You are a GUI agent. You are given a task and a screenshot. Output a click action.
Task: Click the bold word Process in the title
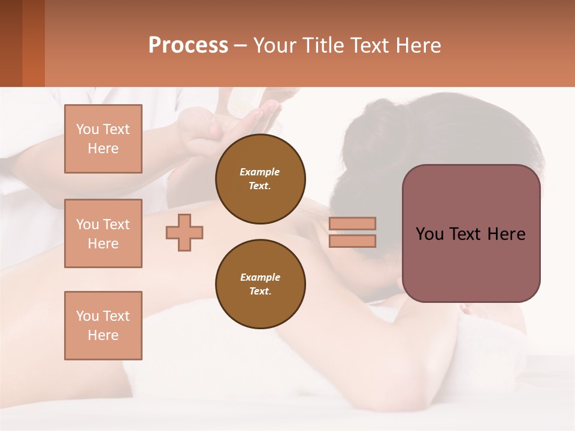tap(188, 45)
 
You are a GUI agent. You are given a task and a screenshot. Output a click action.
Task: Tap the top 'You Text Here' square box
tap(103, 139)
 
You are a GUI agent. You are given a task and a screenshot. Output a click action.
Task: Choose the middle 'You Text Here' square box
tap(103, 233)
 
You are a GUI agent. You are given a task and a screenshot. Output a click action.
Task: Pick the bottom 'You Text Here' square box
tap(103, 326)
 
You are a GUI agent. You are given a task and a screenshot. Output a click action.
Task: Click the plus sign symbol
tap(184, 232)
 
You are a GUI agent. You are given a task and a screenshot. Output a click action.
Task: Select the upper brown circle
tap(260, 179)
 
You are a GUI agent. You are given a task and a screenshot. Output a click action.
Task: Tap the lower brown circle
tap(260, 284)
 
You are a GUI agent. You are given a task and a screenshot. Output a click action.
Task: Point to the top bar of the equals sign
tap(352, 224)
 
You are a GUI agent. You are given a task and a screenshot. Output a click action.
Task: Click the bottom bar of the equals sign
tap(352, 241)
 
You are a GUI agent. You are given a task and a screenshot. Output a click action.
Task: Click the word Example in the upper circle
tap(260, 172)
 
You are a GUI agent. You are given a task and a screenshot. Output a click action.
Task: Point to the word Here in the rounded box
tap(506, 234)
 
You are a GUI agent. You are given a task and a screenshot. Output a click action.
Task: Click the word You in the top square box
tap(87, 129)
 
